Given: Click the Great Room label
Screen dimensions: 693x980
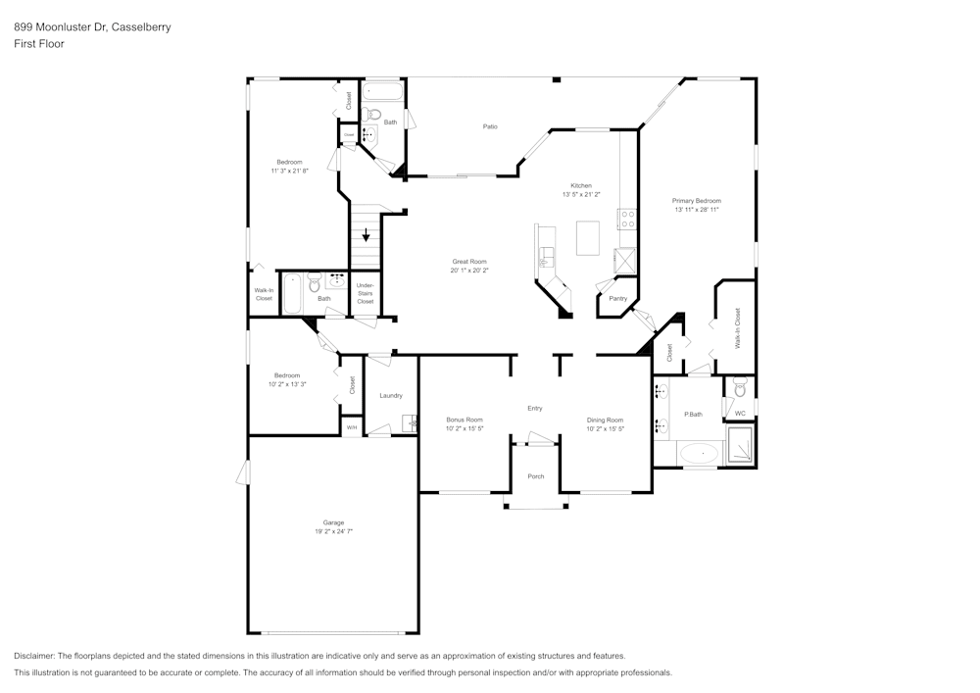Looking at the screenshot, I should point(469,262).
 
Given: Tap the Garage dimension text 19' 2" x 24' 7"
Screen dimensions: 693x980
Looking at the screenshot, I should point(333,531).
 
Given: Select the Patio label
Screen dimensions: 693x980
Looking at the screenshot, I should point(490,126).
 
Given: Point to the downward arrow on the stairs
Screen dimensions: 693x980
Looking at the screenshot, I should point(367,235).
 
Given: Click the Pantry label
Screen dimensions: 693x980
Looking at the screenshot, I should point(617,298).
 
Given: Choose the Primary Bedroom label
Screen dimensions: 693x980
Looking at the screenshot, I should point(697,200).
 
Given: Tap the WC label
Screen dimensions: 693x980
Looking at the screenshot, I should point(740,414).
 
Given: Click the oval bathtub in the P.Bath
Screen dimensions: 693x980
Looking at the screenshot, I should point(698,453).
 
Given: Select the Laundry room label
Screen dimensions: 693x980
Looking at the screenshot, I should point(391,395).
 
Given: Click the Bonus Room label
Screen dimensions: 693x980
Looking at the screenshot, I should point(465,420).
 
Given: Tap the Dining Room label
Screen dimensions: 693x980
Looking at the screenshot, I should point(605,420).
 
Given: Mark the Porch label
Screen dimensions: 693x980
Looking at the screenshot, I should point(536,476).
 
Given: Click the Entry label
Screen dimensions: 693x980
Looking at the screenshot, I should point(535,408).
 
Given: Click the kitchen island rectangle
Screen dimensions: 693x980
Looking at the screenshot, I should point(588,237).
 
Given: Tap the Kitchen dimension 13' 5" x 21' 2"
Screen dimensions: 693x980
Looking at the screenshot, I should point(582,194).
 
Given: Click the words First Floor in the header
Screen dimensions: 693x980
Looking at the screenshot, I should point(39,44).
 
